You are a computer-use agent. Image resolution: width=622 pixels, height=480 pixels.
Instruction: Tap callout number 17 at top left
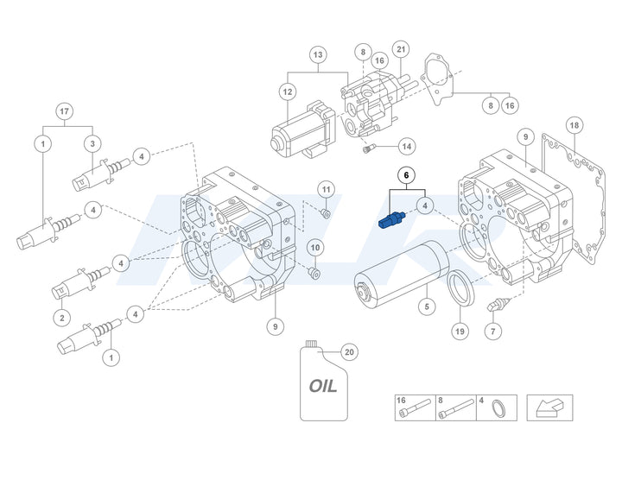tap(64, 111)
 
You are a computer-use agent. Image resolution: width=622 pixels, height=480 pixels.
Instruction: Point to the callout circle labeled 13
tap(318, 55)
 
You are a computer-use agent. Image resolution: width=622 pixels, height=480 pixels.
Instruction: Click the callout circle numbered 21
tap(400, 49)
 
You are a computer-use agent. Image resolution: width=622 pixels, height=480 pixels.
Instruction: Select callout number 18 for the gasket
tap(574, 125)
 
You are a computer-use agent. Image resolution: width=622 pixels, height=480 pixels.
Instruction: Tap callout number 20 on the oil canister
tap(348, 351)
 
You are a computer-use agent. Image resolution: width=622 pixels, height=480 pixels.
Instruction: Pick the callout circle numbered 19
tap(459, 331)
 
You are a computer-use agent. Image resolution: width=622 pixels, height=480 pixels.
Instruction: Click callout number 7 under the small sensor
tap(492, 332)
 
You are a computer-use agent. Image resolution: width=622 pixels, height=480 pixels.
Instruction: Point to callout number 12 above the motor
tap(288, 91)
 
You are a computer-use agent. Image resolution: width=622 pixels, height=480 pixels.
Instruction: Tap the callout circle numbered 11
tap(326, 189)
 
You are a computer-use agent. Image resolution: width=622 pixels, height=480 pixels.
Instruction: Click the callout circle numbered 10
tap(315, 248)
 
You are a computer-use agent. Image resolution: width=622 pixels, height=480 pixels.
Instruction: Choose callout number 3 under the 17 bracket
tap(92, 142)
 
